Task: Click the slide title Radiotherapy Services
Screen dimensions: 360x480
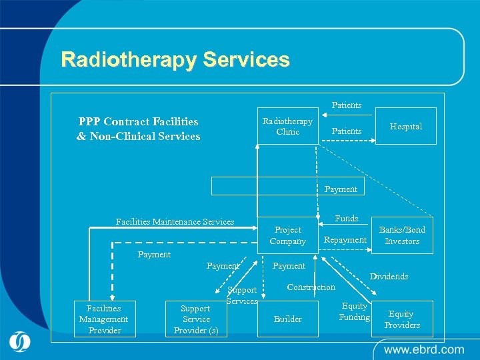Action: (175, 59)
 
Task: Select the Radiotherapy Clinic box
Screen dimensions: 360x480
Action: (287, 127)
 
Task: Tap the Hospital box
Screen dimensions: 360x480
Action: (406, 126)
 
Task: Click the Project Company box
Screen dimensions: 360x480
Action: (287, 235)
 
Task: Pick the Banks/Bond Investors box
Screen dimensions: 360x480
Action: (402, 235)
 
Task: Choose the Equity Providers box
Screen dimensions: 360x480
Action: (402, 319)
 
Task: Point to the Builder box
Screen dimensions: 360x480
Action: (287, 319)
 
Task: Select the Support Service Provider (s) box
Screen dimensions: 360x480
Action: (195, 319)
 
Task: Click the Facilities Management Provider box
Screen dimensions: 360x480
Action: (103, 319)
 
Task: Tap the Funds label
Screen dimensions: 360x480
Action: (347, 218)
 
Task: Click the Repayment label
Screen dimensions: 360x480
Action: (345, 240)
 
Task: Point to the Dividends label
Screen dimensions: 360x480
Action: (389, 276)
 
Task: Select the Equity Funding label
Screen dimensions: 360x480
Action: (355, 311)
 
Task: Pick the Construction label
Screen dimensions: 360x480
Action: (311, 287)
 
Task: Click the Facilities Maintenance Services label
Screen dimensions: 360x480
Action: (175, 221)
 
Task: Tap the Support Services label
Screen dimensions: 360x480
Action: (242, 295)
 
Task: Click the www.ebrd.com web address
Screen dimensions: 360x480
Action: (423, 349)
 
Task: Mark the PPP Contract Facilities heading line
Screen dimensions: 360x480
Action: (138, 121)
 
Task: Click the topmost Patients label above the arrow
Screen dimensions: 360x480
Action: (347, 105)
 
